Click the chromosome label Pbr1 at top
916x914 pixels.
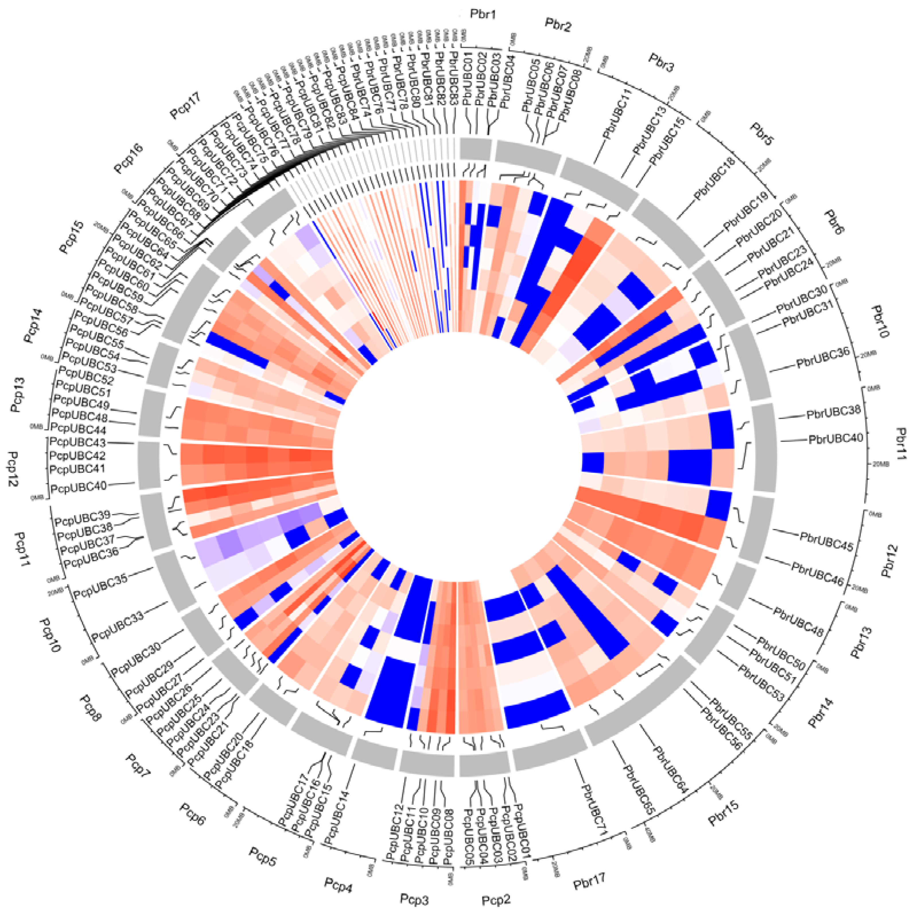tap(482, 14)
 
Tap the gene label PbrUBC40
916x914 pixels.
tap(835, 439)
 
